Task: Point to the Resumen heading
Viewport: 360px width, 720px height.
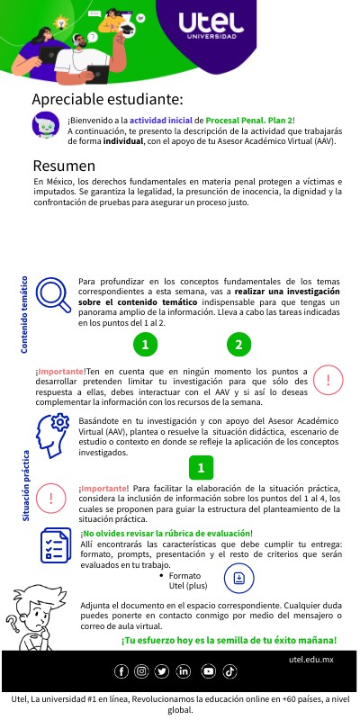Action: tap(64, 166)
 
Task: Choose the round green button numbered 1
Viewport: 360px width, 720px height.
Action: tap(169, 345)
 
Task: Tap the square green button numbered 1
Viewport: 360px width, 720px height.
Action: tap(202, 468)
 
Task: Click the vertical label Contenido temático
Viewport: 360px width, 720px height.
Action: tap(25, 314)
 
